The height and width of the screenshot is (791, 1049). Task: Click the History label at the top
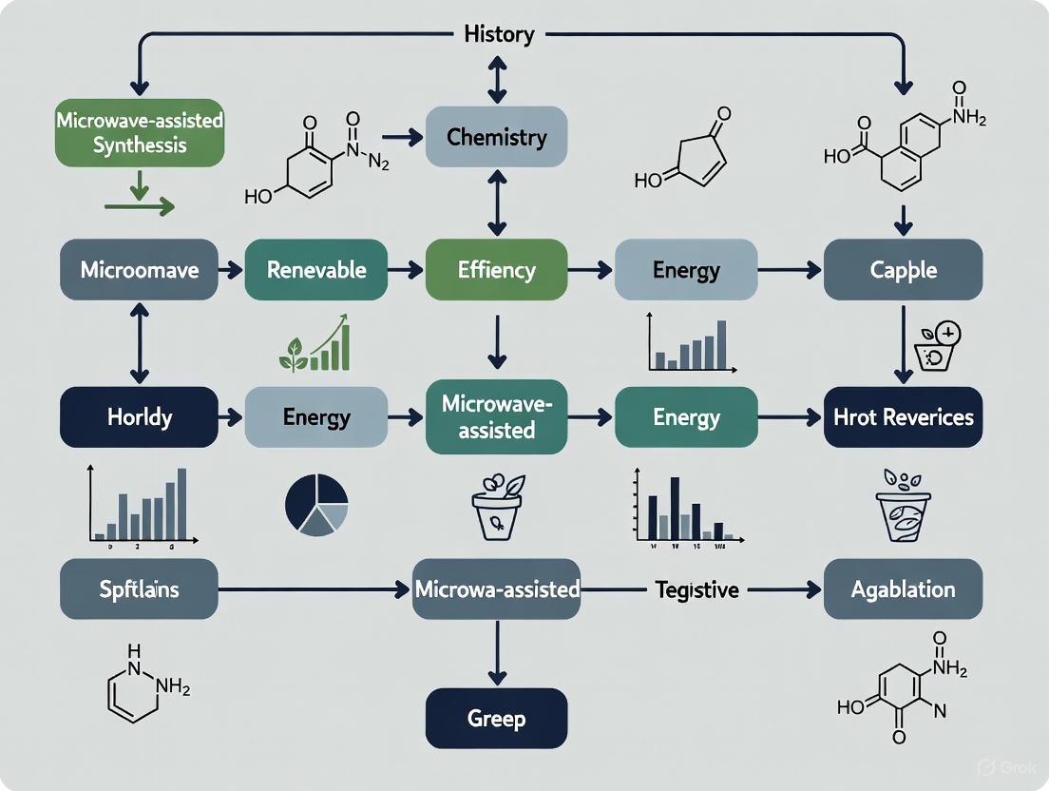click(498, 35)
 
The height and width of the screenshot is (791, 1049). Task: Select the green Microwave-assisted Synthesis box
click(140, 133)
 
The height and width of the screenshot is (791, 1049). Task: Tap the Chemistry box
click(496, 137)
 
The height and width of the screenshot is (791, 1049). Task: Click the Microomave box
click(139, 270)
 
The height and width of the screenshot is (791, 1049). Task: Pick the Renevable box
click(315, 270)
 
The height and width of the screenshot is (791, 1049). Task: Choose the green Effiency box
click(496, 270)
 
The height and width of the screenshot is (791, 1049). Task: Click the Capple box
click(903, 270)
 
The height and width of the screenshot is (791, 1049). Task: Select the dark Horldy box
click(139, 416)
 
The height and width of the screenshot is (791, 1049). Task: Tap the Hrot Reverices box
click(903, 416)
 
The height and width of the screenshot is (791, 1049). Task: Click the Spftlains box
click(139, 589)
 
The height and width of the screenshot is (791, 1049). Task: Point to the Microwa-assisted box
click(496, 589)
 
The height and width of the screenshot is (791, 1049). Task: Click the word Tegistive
click(696, 589)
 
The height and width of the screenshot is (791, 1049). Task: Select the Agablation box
click(903, 589)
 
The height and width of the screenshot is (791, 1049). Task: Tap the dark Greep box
click(496, 718)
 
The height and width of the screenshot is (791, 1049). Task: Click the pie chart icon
click(316, 503)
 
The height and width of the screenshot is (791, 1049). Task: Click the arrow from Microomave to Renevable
click(231, 271)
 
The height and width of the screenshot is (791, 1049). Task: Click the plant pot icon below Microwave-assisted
click(497, 503)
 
